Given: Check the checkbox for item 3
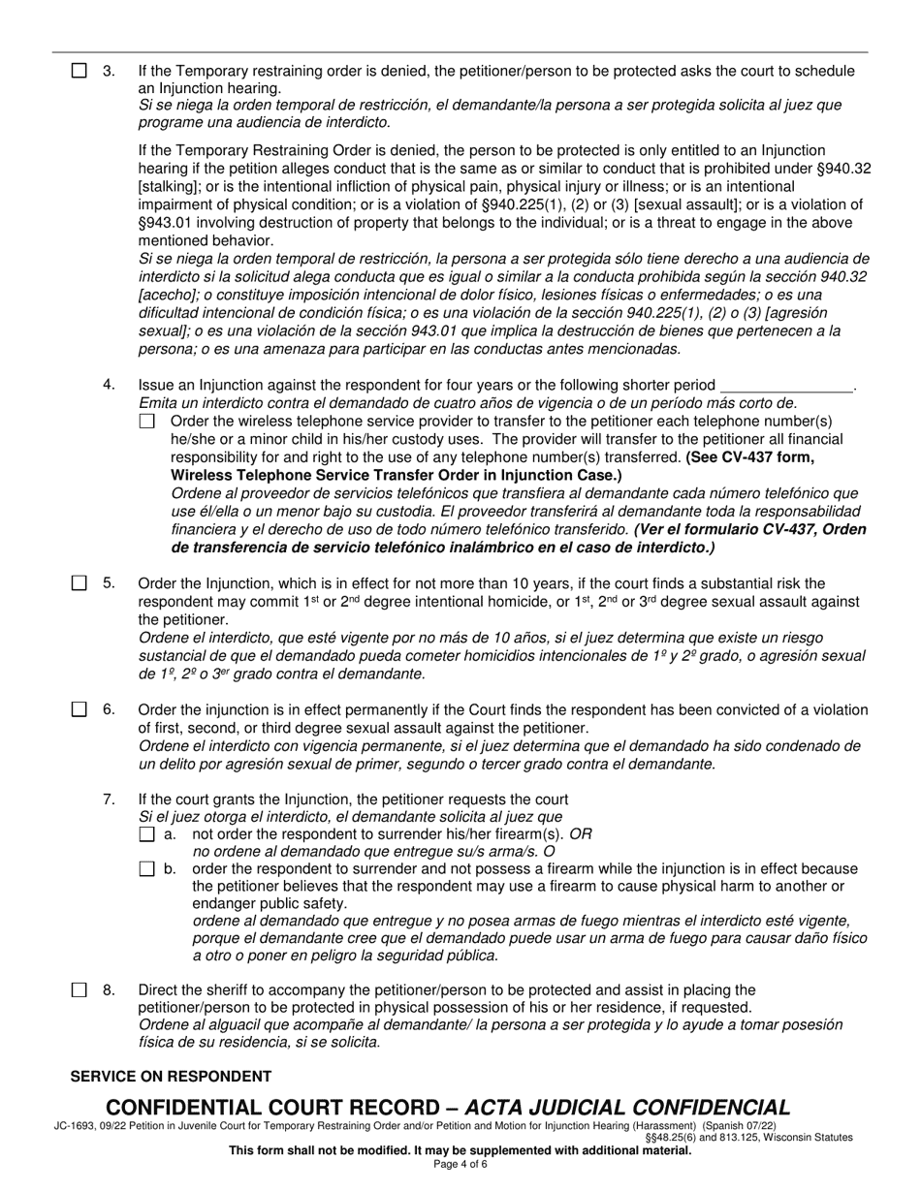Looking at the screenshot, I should pos(79,71).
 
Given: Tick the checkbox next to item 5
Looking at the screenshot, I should pos(79,583).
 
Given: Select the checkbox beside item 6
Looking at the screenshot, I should pos(79,709).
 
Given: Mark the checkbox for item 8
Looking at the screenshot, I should pos(79,990).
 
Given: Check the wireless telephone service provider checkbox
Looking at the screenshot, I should pos(146,422).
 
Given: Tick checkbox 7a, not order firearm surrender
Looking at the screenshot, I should pos(147,834).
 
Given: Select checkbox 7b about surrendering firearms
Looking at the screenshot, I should pos(147,869).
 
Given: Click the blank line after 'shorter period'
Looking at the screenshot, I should pos(786,385).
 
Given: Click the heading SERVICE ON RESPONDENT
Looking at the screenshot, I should pos(171,1077).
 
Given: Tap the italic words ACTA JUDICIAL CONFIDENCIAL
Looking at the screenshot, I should pos(628,1108).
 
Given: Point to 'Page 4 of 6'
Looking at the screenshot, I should pos(460,1164).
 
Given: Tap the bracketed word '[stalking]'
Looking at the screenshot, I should pos(172,186).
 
